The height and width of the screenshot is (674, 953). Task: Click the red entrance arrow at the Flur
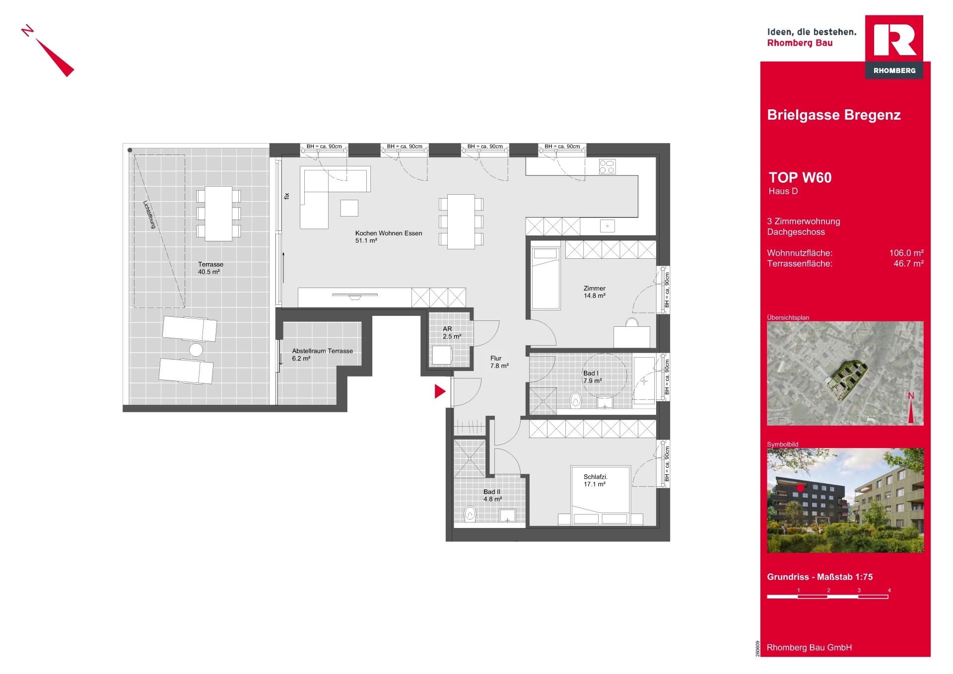point(440,391)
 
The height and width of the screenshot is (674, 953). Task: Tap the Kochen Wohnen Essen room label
point(389,236)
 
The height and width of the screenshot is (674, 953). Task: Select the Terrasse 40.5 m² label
point(210,268)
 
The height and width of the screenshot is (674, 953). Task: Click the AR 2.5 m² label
point(452,332)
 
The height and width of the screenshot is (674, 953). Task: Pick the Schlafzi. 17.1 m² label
point(595,480)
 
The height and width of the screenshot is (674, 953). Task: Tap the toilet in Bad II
point(470,514)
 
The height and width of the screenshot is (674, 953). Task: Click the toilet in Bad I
point(575,400)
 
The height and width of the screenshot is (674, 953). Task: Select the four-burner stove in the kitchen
point(607,166)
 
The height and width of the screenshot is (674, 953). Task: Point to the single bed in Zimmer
point(545,278)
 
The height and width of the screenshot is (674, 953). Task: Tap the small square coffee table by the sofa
point(349,208)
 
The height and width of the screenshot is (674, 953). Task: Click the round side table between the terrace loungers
point(196,350)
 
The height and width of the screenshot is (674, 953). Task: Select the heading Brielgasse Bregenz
point(834,115)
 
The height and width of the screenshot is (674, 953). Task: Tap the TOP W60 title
point(800,177)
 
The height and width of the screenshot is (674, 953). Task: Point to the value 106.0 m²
point(906,253)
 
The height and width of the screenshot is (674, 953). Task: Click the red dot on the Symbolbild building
point(800,488)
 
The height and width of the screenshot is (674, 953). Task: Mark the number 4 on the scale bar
point(889,590)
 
